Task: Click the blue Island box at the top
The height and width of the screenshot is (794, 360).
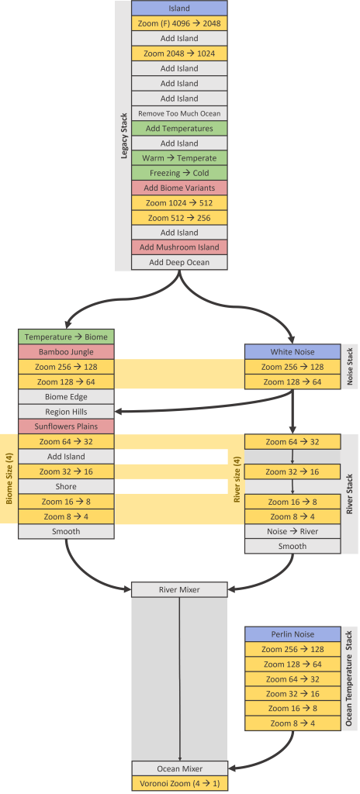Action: (x=179, y=9)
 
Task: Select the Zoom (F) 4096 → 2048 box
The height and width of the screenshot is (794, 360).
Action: (x=179, y=23)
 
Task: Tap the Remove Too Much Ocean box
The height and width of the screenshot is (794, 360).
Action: (x=179, y=113)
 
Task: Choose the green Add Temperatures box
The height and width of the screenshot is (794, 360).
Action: (x=179, y=128)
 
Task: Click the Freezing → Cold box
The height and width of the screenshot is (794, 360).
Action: (x=179, y=173)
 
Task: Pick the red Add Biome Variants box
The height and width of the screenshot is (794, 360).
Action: (x=179, y=188)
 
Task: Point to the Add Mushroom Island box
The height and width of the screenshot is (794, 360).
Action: (x=179, y=247)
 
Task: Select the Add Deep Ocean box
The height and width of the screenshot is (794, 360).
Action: (x=179, y=262)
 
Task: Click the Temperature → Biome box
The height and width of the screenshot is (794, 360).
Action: (x=66, y=337)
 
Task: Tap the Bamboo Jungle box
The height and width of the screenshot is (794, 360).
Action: (x=66, y=352)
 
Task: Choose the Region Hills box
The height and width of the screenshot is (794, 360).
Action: (x=66, y=412)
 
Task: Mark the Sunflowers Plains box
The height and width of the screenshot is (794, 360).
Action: (x=66, y=426)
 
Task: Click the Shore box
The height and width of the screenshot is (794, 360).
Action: (x=66, y=487)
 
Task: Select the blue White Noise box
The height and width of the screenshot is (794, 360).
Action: (x=292, y=352)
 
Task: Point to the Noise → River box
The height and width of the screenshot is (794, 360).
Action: (x=292, y=531)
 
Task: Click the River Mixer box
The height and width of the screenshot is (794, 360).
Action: (x=179, y=590)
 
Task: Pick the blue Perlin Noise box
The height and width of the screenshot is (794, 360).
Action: (x=292, y=634)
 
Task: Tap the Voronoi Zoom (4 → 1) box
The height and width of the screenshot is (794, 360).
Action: (x=179, y=783)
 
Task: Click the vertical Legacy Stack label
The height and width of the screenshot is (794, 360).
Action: (x=124, y=136)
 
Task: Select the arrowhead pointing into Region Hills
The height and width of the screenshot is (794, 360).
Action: (x=119, y=412)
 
